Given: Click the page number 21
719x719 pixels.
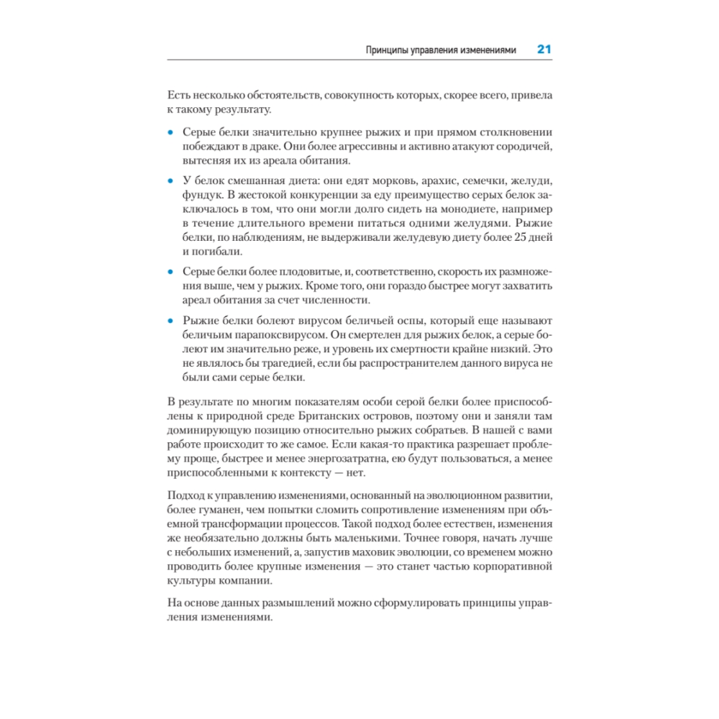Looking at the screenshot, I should pos(544,50).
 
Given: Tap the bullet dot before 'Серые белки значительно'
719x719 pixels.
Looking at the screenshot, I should pos(170,133).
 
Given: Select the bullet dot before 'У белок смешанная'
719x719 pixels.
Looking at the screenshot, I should pos(170,180).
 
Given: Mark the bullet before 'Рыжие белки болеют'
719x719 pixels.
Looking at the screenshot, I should pos(170,319).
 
